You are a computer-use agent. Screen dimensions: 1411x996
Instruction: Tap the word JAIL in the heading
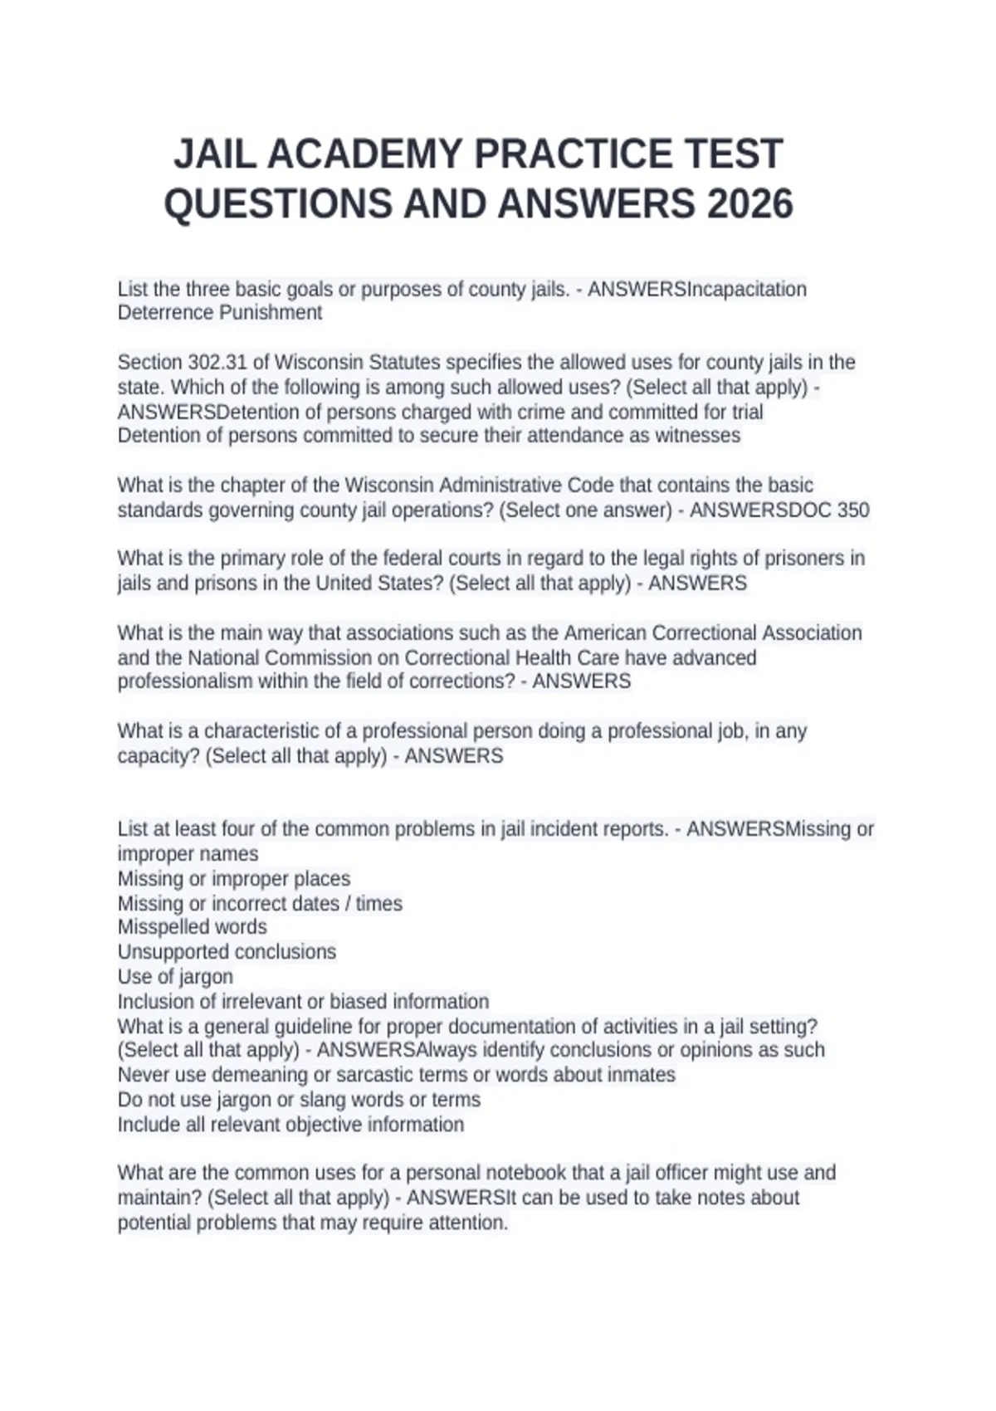click(215, 154)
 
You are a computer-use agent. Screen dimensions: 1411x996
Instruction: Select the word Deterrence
click(165, 313)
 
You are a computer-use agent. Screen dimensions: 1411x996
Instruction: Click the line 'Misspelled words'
click(192, 927)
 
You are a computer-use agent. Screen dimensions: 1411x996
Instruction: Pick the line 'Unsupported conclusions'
click(227, 952)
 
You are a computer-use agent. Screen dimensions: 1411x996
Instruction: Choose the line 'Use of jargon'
click(175, 977)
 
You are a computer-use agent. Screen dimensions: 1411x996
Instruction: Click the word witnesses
click(696, 436)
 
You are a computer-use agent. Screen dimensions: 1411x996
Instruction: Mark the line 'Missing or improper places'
click(233, 879)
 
